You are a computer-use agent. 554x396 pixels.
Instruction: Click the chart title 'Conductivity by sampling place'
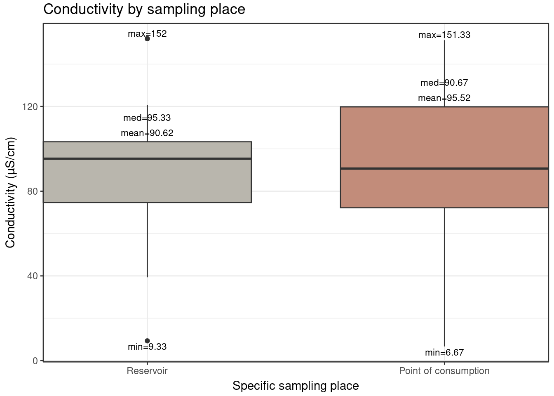point(144,9)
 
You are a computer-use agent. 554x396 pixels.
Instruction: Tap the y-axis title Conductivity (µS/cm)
point(10,192)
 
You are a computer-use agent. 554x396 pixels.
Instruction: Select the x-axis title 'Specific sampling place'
point(296,386)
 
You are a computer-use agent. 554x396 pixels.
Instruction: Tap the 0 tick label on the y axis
point(36,361)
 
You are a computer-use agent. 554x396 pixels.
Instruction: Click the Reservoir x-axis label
point(147,371)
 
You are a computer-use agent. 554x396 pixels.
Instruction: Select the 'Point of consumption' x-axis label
point(444,371)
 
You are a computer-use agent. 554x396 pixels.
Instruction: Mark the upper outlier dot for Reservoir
point(147,39)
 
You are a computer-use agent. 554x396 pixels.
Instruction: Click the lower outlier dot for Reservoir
point(147,341)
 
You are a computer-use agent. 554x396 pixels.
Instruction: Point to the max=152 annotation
point(147,34)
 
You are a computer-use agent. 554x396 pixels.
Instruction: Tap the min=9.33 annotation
point(147,347)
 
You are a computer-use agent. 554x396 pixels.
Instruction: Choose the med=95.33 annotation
point(147,118)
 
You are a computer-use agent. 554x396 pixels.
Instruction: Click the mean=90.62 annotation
point(147,133)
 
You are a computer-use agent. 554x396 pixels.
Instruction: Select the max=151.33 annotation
point(444,35)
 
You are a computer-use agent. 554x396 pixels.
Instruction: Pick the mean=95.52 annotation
point(444,98)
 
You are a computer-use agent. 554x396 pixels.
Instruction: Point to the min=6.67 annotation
point(444,353)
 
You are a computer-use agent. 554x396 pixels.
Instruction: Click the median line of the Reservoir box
point(147,159)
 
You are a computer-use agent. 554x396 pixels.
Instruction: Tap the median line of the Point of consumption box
point(444,169)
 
